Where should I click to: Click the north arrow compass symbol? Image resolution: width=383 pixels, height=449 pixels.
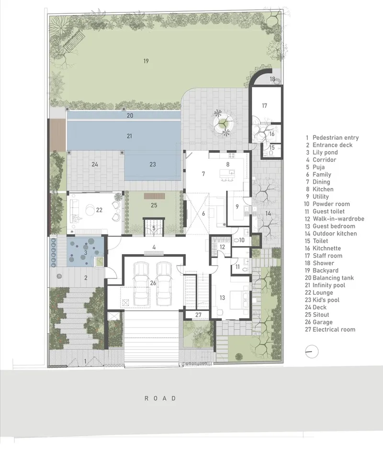pyautogui.click(x=312, y=352)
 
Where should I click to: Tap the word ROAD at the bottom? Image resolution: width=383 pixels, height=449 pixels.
pyautogui.click(x=160, y=398)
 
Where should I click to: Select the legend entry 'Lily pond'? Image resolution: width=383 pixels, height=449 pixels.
pyautogui.click(x=322, y=152)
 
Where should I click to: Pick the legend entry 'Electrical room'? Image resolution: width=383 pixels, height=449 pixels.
pyautogui.click(x=330, y=329)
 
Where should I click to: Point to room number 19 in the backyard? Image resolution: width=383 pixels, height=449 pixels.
pyautogui.click(x=146, y=61)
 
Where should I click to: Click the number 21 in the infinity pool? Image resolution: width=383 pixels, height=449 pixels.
pyautogui.click(x=129, y=136)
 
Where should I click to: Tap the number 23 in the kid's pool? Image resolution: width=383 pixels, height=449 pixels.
pyautogui.click(x=153, y=164)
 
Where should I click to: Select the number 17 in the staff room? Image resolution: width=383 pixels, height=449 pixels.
pyautogui.click(x=264, y=106)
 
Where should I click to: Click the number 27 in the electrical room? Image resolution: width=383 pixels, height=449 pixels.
pyautogui.click(x=198, y=314)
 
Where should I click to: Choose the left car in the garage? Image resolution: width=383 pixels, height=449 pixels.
pyautogui.click(x=142, y=284)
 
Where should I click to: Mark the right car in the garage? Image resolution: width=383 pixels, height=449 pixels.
pyautogui.click(x=164, y=284)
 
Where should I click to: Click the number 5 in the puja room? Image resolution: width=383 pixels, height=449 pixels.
pyautogui.click(x=154, y=228)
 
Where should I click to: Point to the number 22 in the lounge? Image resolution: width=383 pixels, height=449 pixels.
pyautogui.click(x=99, y=210)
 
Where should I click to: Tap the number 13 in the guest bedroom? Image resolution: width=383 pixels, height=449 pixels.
pyautogui.click(x=222, y=298)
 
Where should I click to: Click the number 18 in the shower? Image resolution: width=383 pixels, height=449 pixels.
pyautogui.click(x=272, y=79)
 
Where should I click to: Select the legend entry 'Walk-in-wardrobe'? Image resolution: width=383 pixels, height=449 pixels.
pyautogui.click(x=335, y=219)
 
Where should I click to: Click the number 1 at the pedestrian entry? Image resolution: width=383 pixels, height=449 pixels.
pyautogui.click(x=85, y=361)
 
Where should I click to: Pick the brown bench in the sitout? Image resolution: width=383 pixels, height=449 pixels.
pyautogui.click(x=155, y=196)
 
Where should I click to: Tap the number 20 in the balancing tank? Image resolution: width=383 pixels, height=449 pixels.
pyautogui.click(x=130, y=115)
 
